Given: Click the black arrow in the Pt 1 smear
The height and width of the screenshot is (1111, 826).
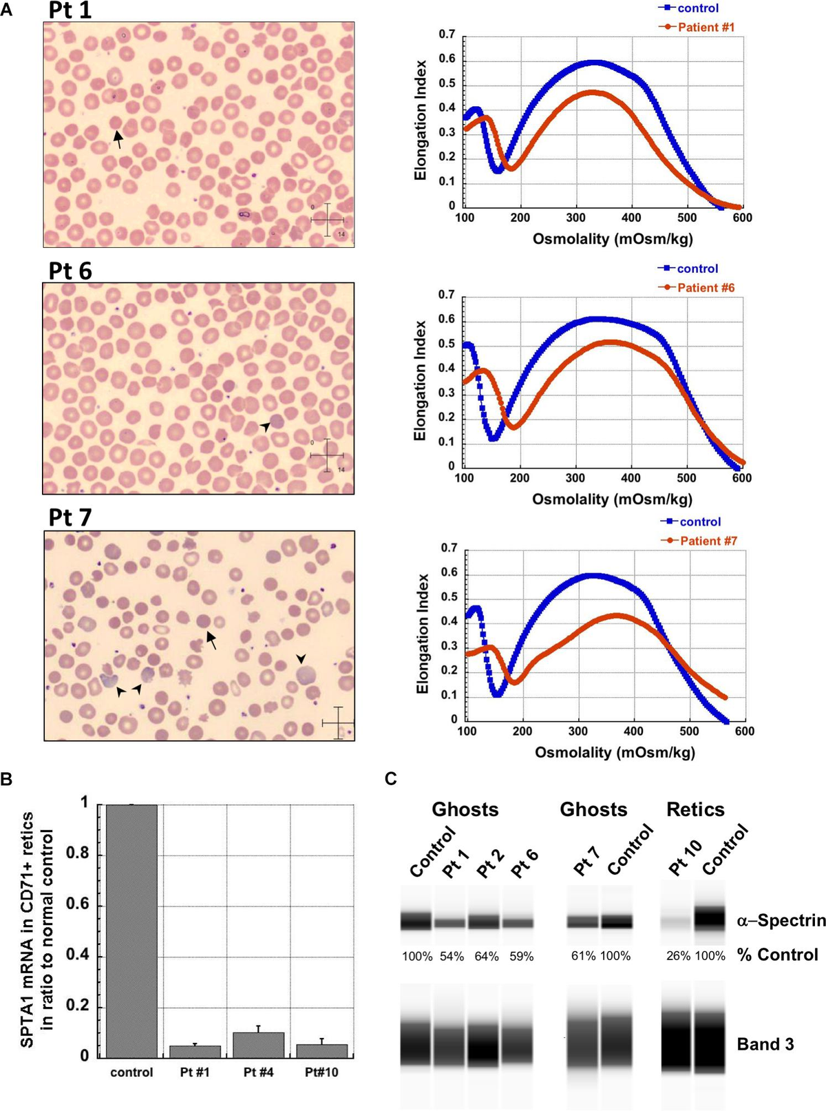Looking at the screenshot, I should click(x=118, y=140).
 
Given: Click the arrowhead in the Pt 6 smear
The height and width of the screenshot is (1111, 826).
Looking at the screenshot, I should click(x=265, y=427).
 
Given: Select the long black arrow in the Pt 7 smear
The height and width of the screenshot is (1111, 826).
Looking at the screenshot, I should click(x=211, y=641).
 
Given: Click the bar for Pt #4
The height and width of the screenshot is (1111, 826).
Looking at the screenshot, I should click(x=258, y=1045).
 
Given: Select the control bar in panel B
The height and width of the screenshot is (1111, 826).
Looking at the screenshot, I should click(x=131, y=930).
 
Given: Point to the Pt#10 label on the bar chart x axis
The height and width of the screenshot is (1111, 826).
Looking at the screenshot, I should click(x=321, y=1072).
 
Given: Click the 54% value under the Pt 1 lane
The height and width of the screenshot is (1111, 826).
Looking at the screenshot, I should click(x=452, y=957).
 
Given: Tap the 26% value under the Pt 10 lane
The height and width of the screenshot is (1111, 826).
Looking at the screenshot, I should click(x=678, y=956).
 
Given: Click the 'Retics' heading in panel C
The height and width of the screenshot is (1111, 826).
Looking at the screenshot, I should click(x=695, y=809).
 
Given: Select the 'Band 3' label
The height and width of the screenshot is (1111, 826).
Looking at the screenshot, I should click(x=765, y=1044).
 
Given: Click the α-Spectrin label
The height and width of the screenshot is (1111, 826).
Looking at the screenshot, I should click(x=781, y=921).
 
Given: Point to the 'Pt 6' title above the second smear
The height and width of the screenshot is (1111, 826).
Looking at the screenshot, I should click(x=70, y=271).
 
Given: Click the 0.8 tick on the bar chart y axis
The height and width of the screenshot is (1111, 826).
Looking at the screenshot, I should click(x=77, y=854).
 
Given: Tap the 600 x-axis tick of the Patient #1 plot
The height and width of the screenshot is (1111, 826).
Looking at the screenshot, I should click(x=742, y=218).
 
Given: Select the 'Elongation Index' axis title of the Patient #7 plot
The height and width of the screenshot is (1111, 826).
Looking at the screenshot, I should click(x=423, y=634).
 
